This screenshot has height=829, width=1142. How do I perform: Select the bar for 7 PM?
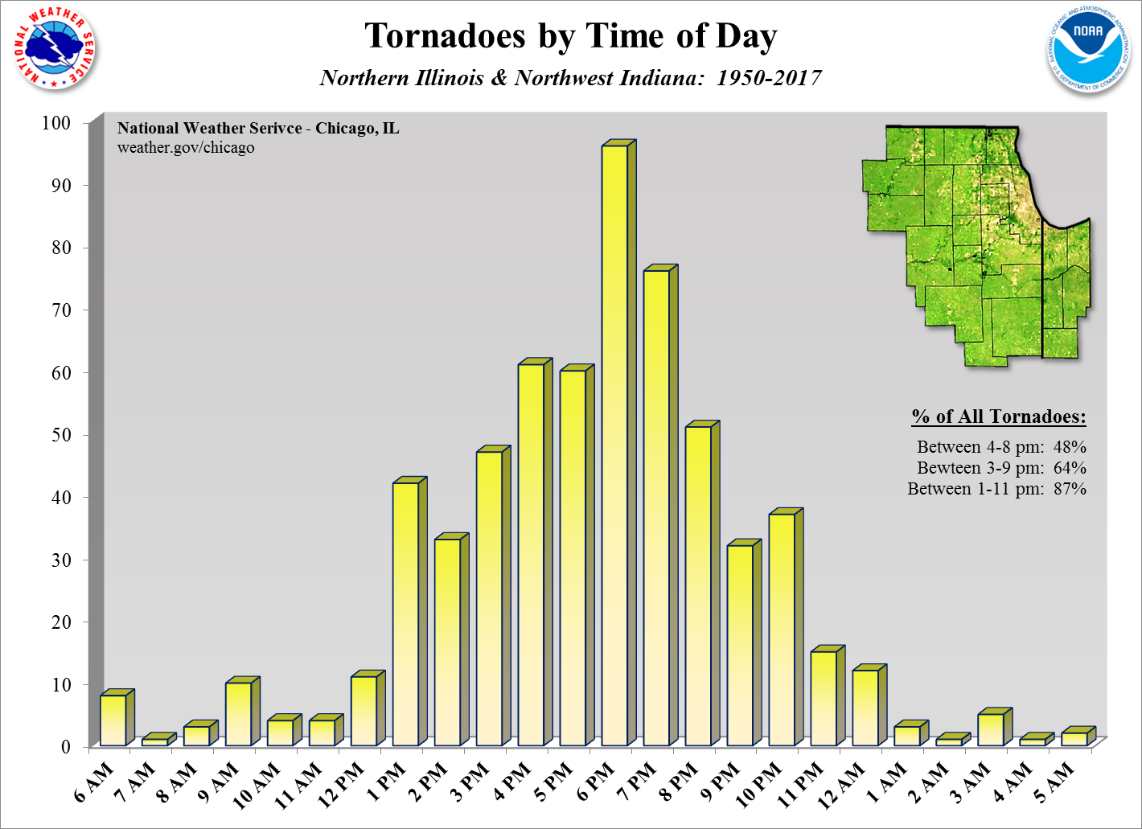coord(656,507)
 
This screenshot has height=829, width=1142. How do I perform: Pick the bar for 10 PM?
coord(782,629)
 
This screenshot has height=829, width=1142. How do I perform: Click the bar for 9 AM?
coord(238,713)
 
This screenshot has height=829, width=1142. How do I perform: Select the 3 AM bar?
coord(991,728)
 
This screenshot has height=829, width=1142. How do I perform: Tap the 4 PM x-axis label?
coord(512,782)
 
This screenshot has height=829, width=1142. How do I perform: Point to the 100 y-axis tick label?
coord(56,123)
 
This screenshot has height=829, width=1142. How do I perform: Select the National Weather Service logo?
coord(54,48)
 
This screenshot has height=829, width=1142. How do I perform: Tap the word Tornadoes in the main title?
coord(445,36)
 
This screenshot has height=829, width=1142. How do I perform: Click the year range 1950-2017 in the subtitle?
coord(769,78)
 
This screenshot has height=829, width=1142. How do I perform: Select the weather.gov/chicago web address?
coord(186,148)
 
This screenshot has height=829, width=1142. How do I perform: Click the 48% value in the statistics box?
coord(1070,447)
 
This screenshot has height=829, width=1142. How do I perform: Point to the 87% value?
coord(1070,489)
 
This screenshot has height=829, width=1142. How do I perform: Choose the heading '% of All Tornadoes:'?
coord(998,417)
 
